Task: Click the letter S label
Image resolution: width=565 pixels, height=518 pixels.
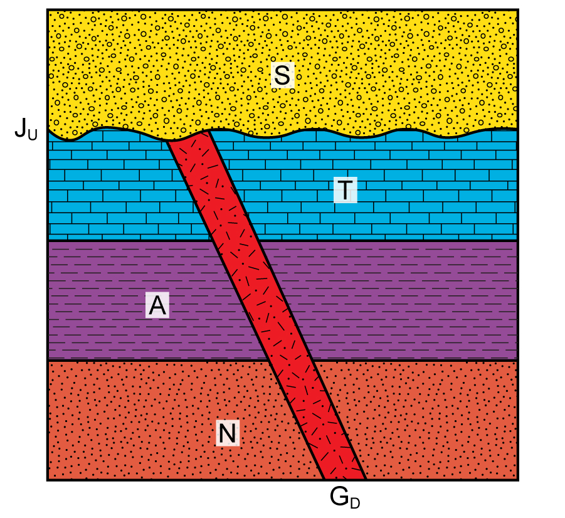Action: [x=282, y=75]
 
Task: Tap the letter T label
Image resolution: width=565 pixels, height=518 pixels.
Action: [x=345, y=189]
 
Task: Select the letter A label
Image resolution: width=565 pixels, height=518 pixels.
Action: [x=157, y=305]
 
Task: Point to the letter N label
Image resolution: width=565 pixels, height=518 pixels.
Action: [x=228, y=433]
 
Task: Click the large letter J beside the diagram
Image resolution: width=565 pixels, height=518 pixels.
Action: [x=20, y=128]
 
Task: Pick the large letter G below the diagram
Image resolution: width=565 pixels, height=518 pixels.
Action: [x=339, y=497]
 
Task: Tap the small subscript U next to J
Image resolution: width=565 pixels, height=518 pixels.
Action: [x=33, y=134]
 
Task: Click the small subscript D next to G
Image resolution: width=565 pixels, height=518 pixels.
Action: [x=355, y=503]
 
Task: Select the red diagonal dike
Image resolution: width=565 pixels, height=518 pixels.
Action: [x=266, y=307]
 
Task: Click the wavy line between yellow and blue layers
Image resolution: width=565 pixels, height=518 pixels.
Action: [x=282, y=134]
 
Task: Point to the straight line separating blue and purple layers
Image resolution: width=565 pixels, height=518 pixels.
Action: [x=282, y=240]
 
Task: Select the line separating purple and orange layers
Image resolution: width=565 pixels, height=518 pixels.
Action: [x=282, y=360]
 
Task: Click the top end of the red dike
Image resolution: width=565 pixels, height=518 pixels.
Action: [x=187, y=136]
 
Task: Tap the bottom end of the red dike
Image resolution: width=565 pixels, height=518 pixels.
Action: [x=345, y=478]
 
